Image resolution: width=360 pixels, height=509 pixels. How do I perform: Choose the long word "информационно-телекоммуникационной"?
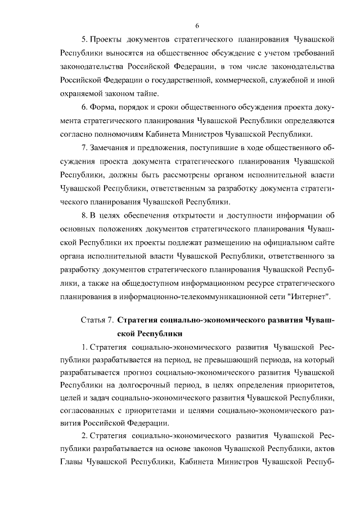click(195, 296)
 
